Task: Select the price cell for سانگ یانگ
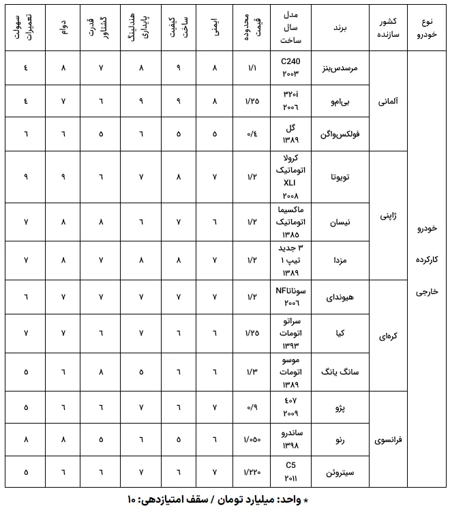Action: [x=251, y=372]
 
